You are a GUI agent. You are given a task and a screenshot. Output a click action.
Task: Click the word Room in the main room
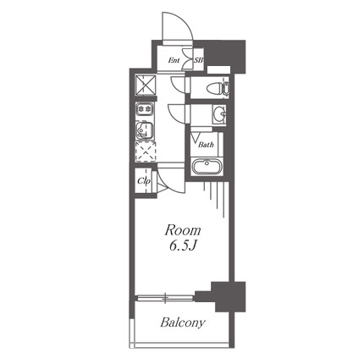coord(183,230)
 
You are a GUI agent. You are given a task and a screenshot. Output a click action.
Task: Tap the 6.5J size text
coord(183,246)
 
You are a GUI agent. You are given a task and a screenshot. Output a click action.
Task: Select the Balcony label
coord(183,323)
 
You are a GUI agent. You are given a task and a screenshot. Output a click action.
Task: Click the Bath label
coord(206,145)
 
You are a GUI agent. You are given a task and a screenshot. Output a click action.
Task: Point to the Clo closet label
coord(143,181)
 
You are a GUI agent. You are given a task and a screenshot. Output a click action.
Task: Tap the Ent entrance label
coord(174,60)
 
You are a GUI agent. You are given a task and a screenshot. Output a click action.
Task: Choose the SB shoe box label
coord(199,60)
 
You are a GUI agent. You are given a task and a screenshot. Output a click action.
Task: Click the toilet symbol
coord(218,88)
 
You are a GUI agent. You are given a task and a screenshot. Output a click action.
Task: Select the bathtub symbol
coord(207,166)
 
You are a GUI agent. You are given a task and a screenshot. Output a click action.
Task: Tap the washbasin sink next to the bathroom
coord(219,114)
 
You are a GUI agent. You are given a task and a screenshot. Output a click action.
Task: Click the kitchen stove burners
coord(145,109)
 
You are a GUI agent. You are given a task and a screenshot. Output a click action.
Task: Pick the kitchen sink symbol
coord(145,130)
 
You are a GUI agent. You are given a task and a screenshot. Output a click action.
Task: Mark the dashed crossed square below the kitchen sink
coord(146,152)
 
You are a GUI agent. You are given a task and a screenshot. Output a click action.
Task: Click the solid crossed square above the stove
coord(146,84)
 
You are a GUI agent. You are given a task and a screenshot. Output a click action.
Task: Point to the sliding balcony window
coord(164,297)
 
